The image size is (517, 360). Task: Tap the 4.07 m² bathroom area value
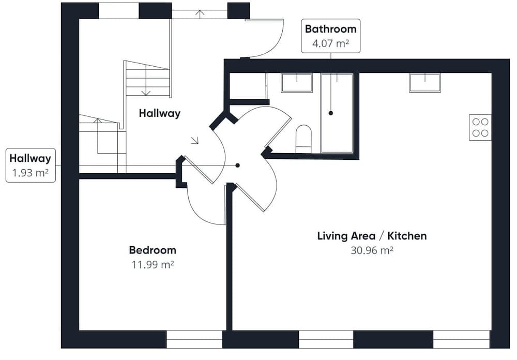(331, 43)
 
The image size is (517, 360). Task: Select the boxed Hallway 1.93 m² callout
(31, 166)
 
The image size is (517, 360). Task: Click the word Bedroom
(153, 250)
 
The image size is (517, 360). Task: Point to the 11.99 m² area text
(153, 265)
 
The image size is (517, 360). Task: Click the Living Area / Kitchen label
(372, 236)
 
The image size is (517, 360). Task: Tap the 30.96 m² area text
(372, 250)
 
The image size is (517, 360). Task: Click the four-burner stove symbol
(480, 127)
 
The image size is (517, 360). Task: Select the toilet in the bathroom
(303, 139)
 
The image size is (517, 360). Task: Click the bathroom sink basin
(297, 83)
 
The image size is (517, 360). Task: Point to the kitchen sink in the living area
(425, 83)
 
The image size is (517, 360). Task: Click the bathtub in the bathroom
(337, 113)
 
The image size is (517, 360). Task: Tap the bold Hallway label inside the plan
(160, 113)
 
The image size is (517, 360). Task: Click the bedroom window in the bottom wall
(194, 339)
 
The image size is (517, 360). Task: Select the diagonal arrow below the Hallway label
(195, 141)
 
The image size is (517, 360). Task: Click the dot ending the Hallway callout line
(237, 166)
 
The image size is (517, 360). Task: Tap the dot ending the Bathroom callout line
(331, 113)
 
